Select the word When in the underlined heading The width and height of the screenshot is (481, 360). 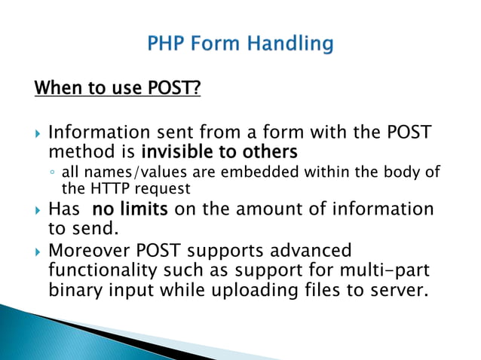(x=55, y=90)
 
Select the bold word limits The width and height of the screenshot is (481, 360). (x=144, y=209)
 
